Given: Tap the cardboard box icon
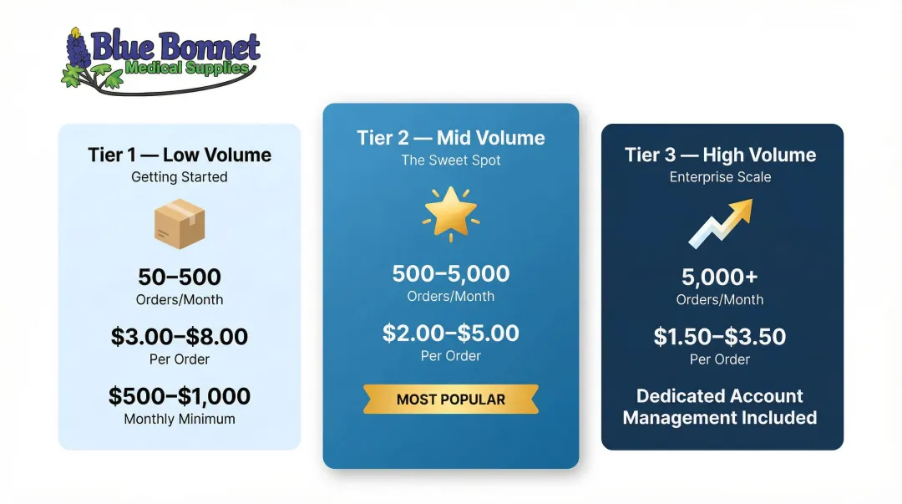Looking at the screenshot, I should [180, 223].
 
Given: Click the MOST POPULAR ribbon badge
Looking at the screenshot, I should [450, 400].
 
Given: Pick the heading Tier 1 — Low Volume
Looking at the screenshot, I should [180, 155].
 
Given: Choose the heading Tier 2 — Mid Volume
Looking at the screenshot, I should [450, 138].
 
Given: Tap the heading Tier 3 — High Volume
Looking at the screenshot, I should [720, 155].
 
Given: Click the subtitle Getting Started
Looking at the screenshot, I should [180, 177].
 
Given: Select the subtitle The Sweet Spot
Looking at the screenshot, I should [450, 160].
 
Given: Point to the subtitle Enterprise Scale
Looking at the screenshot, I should [720, 177].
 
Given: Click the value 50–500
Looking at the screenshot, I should [180, 277].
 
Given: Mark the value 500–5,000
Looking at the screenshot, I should [450, 273].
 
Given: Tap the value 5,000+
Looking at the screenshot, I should [720, 277].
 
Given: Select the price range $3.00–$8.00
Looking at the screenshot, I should [180, 337].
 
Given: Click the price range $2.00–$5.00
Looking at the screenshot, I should [450, 333].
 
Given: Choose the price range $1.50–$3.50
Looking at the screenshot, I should [720, 337].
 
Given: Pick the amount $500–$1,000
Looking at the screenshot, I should [180, 396].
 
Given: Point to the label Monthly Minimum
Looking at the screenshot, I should [180, 420].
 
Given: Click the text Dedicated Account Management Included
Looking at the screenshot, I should [720, 407].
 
